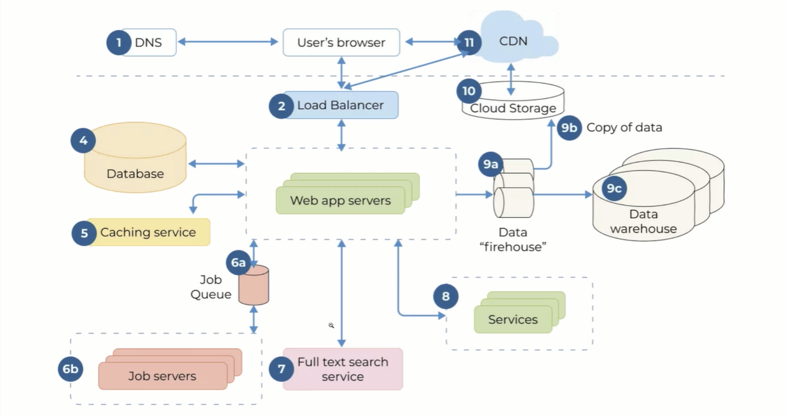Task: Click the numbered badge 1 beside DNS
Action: [118, 43]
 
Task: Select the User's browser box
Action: [341, 43]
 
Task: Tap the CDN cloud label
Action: [513, 41]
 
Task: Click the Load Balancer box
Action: [341, 105]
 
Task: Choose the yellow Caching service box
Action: [148, 232]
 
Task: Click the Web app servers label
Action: [340, 201]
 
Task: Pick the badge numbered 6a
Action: [238, 263]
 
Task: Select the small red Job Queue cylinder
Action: [254, 286]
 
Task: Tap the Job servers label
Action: [162, 376]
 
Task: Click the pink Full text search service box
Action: [343, 369]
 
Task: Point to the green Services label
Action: [512, 319]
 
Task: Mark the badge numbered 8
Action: [446, 296]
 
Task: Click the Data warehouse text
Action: [643, 222]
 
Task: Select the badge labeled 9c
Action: [614, 188]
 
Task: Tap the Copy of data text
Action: [624, 128]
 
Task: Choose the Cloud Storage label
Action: [513, 108]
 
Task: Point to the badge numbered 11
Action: [469, 43]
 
